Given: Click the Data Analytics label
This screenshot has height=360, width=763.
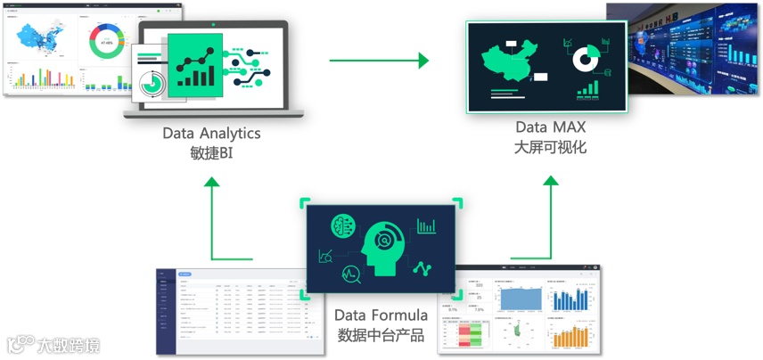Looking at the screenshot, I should pyautogui.click(x=211, y=133).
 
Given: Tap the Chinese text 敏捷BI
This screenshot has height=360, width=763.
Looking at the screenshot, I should pyautogui.click(x=211, y=152).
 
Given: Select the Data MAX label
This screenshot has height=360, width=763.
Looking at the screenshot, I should pyautogui.click(x=550, y=127).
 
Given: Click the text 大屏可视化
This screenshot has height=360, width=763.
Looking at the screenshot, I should pyautogui.click(x=550, y=147).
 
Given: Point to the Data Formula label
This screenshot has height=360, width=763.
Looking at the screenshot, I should pyautogui.click(x=381, y=315).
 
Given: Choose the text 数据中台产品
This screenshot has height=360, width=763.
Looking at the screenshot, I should pyautogui.click(x=381, y=335).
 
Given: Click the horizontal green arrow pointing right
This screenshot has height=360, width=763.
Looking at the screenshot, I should pyautogui.click(x=379, y=61).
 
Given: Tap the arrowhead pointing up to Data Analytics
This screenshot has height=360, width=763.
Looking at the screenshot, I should pyautogui.click(x=211, y=183).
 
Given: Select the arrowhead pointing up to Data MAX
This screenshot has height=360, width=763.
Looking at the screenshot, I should pyautogui.click(x=551, y=181).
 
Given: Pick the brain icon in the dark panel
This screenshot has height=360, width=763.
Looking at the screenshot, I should pyautogui.click(x=342, y=226).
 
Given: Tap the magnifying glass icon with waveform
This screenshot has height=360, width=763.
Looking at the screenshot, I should pyautogui.click(x=351, y=274).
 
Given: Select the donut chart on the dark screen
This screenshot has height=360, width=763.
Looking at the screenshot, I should pyautogui.click(x=584, y=59).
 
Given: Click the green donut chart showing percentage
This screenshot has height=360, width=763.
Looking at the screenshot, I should pyautogui.click(x=107, y=40).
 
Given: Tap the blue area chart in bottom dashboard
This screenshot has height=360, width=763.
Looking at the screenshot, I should pyautogui.click(x=519, y=299).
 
